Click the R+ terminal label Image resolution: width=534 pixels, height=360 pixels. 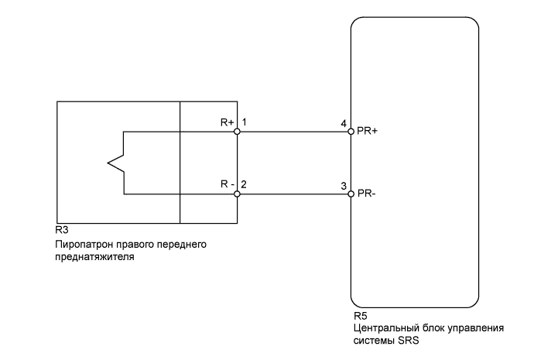coord(227,122)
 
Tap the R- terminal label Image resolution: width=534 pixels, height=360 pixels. coord(227,184)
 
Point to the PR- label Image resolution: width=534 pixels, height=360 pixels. coord(365,193)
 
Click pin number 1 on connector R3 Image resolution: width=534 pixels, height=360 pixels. coord(244,122)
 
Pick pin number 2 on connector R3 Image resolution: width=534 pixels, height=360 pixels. coord(244,184)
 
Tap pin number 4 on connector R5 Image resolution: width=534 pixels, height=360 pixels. coord(343,122)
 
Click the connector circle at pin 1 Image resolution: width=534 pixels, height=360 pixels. coord(237,132)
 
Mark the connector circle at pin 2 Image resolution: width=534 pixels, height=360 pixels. coord(237,193)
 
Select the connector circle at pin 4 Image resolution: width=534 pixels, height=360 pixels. coord(351,132)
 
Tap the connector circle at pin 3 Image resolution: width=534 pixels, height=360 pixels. coord(351,193)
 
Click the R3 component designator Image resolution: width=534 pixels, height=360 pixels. coord(61,231)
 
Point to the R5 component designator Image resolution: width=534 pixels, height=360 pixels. coord(358,316)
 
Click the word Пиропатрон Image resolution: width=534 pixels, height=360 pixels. coord(84,245)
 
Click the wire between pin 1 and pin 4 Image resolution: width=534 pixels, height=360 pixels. coord(294,132)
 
